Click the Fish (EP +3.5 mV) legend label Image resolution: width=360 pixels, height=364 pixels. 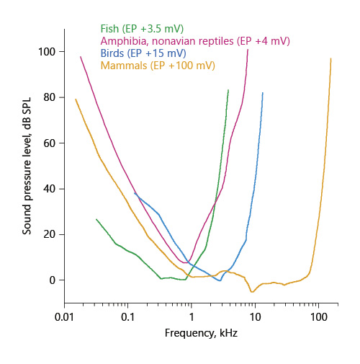pyautogui.click(x=141, y=30)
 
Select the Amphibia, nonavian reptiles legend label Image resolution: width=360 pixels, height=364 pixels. pyautogui.click(x=194, y=42)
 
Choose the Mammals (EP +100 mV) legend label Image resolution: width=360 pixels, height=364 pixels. pyautogui.click(x=158, y=66)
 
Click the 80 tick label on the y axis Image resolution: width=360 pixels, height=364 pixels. pyautogui.click(x=49, y=97)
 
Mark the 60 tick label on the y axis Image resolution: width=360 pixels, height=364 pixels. pyautogui.click(x=49, y=143)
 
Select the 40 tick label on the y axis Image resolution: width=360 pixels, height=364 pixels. pyautogui.click(x=49, y=189)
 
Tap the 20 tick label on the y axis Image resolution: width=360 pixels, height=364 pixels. pyautogui.click(x=49, y=234)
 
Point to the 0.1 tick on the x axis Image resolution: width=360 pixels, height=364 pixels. pyautogui.click(x=127, y=317)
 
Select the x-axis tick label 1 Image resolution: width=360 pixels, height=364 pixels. pyautogui.click(x=191, y=317)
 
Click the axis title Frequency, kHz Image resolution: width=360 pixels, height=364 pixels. pyautogui.click(x=191, y=334)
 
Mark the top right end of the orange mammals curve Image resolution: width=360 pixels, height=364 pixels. pyautogui.click(x=330, y=59)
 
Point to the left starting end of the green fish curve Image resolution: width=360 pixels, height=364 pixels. pyautogui.click(x=96, y=218)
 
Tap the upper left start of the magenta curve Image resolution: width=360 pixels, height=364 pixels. pyautogui.click(x=81, y=57)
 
